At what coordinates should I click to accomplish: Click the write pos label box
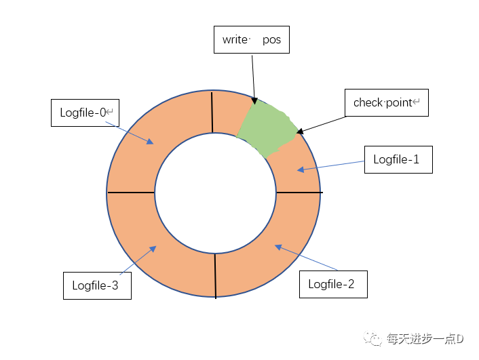point(252,40)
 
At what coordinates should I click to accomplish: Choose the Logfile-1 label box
point(398,159)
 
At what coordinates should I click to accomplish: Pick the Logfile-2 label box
point(332,284)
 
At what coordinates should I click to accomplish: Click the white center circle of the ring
point(215,193)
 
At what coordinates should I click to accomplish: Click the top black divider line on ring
point(212,113)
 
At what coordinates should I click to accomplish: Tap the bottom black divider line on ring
point(215,275)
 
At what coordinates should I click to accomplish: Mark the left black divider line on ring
point(131,193)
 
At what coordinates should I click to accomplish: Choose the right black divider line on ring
point(299,193)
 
